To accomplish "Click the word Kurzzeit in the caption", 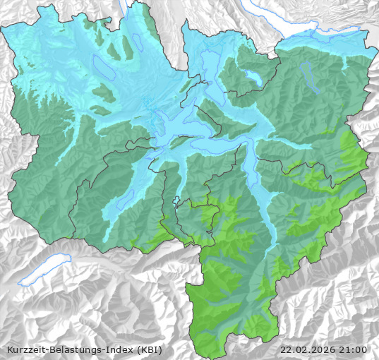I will [x=23, y=349].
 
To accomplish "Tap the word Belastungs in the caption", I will [x=68, y=349].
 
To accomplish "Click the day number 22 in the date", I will [x=286, y=349].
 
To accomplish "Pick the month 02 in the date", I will [x=300, y=349].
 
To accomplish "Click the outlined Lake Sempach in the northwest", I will [x=103, y=66].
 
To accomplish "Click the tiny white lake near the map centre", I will [x=176, y=200].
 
